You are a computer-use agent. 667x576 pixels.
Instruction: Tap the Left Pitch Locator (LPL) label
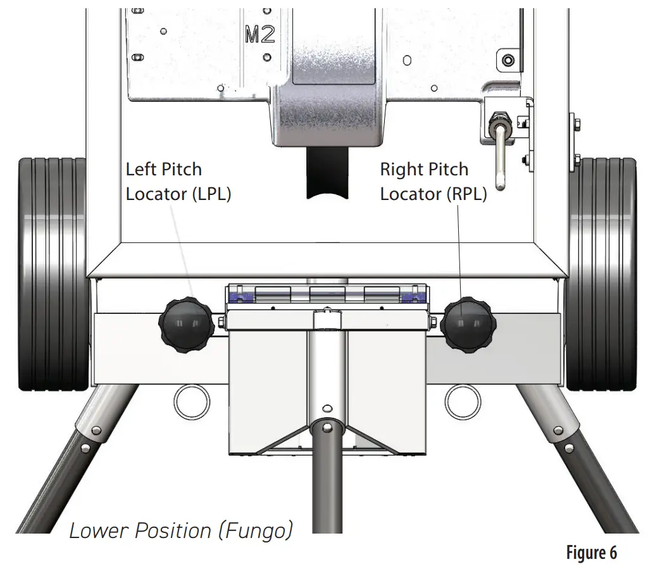click(x=178, y=182)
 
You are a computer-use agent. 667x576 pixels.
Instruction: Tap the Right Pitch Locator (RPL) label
click(x=433, y=182)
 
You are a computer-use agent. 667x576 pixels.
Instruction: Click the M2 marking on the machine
click(x=259, y=35)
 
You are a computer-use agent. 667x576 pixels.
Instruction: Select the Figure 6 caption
click(x=591, y=553)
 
